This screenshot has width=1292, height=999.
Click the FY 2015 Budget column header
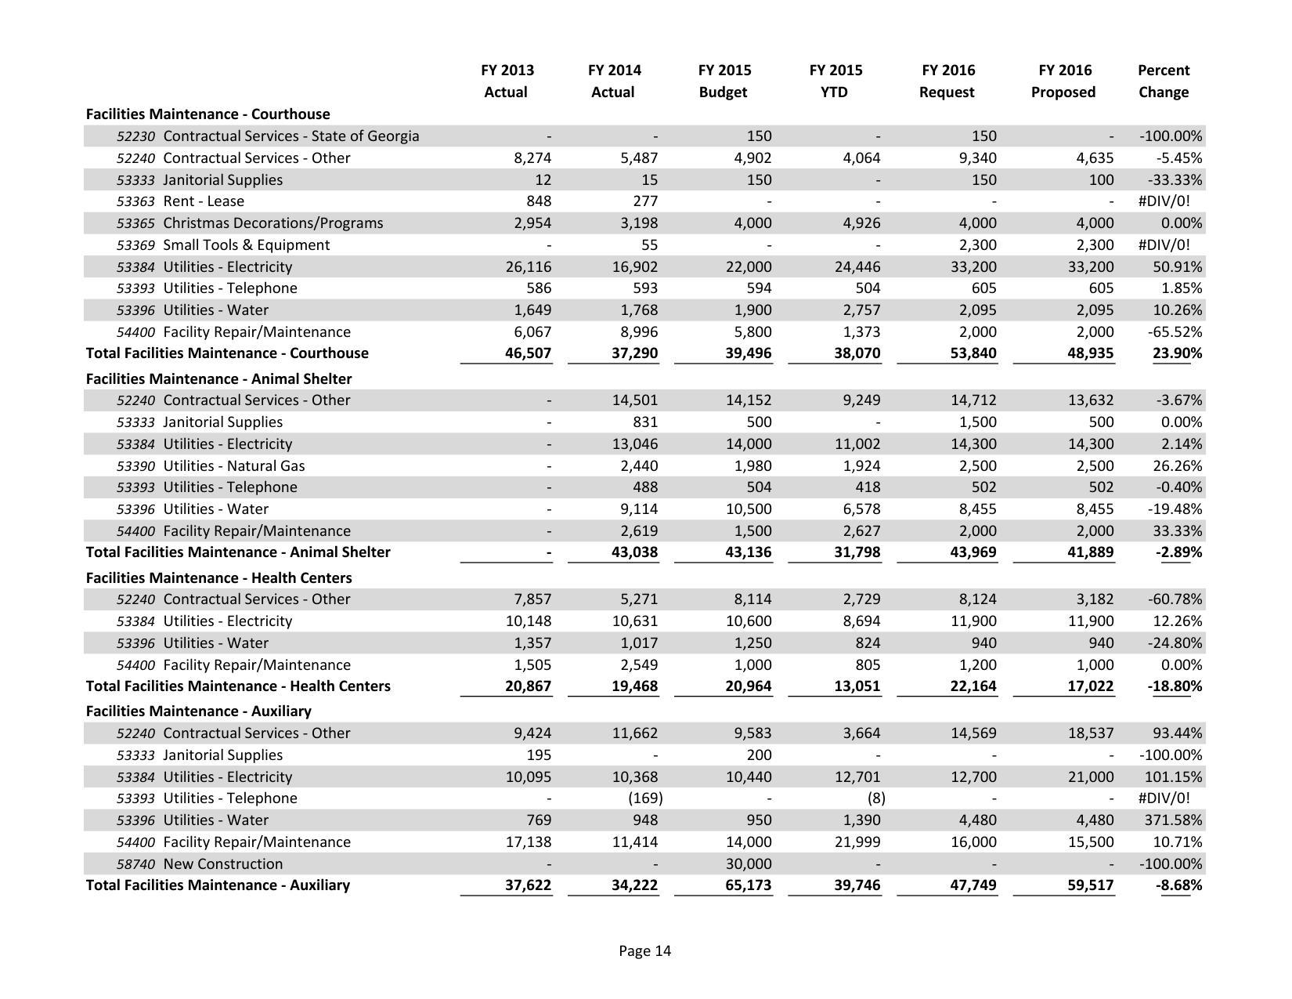coord(724,81)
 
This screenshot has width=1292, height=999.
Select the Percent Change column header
coord(1163,81)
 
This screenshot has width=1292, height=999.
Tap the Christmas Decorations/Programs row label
coord(272,223)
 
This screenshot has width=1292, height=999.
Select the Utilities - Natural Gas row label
coord(233,466)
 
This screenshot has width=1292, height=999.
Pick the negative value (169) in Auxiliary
coord(645,798)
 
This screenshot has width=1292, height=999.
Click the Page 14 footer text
coord(644,951)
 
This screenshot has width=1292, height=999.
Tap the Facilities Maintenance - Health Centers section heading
coord(218,578)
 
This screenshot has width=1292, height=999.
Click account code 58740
coord(135,864)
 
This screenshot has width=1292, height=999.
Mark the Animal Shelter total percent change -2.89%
coord(1178,552)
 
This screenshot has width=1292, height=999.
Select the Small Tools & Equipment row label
coord(246,245)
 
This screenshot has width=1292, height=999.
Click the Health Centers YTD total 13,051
coord(857,686)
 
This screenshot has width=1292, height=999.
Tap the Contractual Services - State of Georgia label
coord(291,136)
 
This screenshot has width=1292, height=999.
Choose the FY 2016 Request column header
coord(947,81)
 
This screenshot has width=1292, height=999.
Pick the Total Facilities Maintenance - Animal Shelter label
coord(238,552)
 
